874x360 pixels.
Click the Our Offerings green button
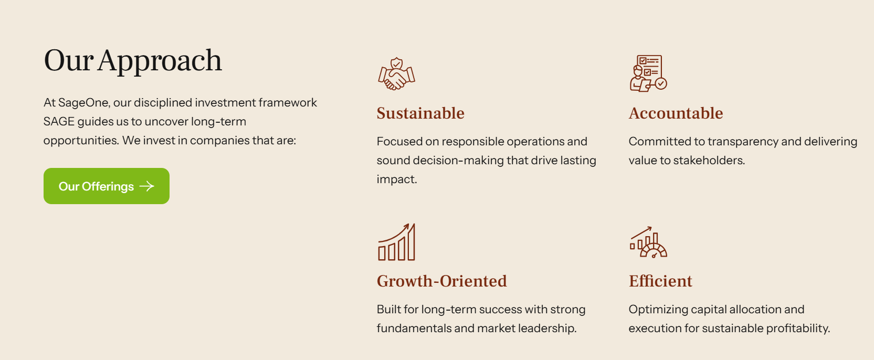107,186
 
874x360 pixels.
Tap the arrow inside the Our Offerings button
146,186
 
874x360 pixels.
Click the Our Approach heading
133,61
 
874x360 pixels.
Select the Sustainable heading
420,113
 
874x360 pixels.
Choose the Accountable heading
676,113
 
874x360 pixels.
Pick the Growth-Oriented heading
441,281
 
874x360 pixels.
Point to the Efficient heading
660,281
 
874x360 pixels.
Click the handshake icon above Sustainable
396,74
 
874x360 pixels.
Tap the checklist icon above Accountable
648,73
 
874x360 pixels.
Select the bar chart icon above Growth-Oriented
396,242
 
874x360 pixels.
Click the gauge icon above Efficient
648,242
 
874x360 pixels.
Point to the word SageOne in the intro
83,103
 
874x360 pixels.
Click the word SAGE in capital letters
59,122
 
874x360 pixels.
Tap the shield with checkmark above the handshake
397,63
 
